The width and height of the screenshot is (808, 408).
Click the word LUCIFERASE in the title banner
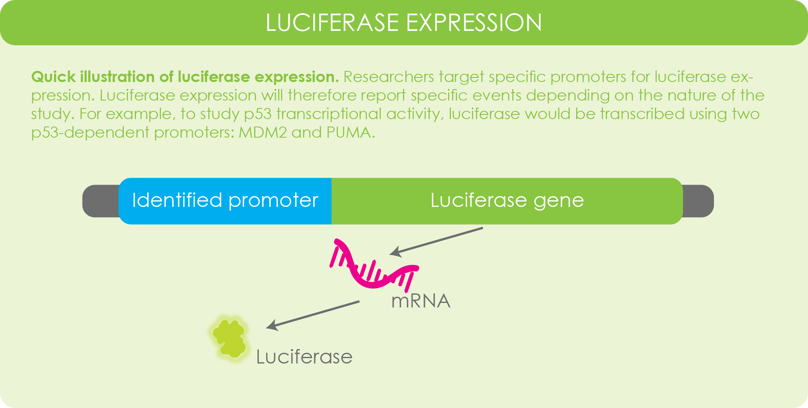coord(332,23)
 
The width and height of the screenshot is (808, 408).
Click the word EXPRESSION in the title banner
coord(474,23)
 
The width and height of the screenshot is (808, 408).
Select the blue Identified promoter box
coord(225,201)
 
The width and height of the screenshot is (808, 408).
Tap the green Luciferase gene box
coord(507,201)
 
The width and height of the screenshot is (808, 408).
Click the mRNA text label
coord(421,301)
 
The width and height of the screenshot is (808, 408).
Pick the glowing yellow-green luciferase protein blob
coord(230,338)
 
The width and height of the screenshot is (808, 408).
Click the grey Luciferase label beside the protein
coord(304,357)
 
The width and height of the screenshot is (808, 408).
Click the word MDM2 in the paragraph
coord(263,133)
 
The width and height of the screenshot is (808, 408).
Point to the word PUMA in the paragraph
coord(349,133)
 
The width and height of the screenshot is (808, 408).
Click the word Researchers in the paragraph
coord(388,77)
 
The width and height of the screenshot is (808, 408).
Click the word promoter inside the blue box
coord(273,201)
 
